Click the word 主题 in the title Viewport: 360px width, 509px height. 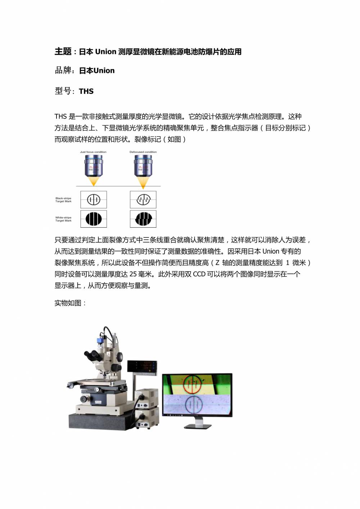point(63,51)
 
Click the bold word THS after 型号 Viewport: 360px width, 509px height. point(86,91)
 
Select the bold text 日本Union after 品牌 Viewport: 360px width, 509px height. point(97,71)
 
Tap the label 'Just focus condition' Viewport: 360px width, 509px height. point(93,152)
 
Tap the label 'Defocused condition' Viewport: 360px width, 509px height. point(143,152)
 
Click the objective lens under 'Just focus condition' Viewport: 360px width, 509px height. point(94,167)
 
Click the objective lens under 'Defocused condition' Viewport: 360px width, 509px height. point(143,167)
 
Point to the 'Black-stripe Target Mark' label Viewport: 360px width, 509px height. point(63,200)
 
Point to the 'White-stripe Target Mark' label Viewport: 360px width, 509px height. point(63,219)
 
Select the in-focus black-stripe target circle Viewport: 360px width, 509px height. point(94,200)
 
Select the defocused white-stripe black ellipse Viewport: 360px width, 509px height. point(143,219)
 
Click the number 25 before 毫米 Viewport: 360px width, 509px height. point(133,274)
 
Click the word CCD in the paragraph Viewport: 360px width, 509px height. point(199,274)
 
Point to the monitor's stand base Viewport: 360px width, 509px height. point(198,426)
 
